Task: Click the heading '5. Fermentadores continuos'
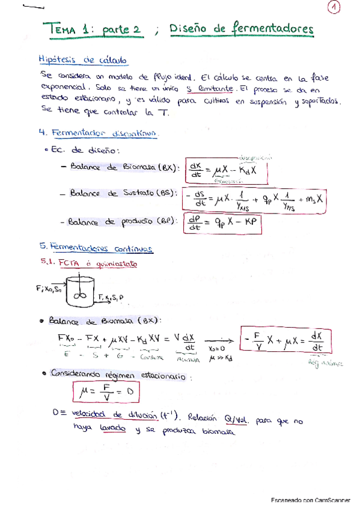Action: point(95,248)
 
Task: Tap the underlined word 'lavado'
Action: point(113,429)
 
